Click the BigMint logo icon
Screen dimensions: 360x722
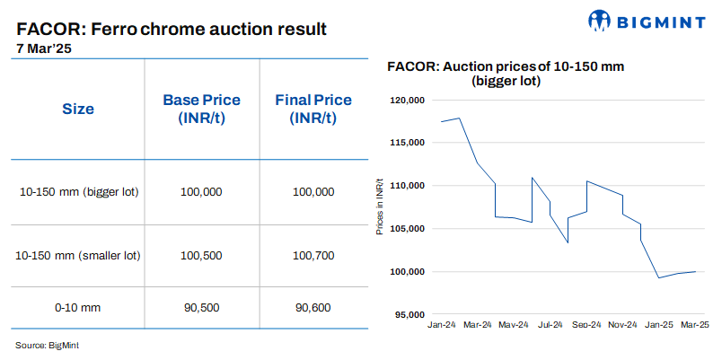click(x=600, y=21)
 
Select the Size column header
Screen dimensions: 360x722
click(x=78, y=110)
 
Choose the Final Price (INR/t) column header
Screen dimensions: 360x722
click(x=313, y=110)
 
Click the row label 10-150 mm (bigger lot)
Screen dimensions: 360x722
click(x=78, y=192)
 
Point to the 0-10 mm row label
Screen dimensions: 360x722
click(x=78, y=308)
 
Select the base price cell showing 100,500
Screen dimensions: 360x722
click(x=200, y=256)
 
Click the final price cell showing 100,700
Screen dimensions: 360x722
click(x=313, y=256)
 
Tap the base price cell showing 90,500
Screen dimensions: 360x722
click(x=200, y=308)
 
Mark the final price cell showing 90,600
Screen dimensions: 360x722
click(x=313, y=308)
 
